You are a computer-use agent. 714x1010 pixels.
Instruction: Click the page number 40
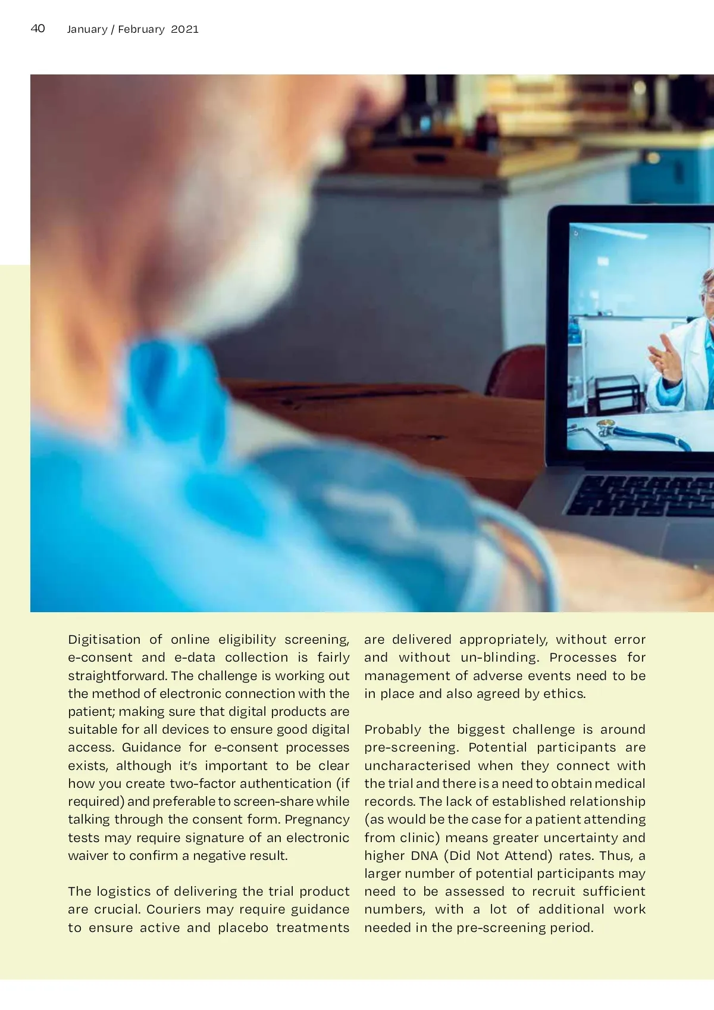click(x=37, y=28)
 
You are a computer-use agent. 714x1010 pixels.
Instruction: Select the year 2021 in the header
click(x=184, y=29)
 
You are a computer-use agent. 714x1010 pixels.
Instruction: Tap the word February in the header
click(x=141, y=29)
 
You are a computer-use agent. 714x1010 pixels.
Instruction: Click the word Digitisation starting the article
click(x=104, y=640)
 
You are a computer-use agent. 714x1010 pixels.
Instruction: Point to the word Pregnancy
click(x=317, y=819)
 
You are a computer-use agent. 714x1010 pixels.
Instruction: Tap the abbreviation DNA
click(x=424, y=856)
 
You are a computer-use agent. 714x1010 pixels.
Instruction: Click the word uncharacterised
click(x=417, y=766)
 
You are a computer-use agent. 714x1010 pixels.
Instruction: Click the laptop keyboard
click(x=643, y=495)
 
